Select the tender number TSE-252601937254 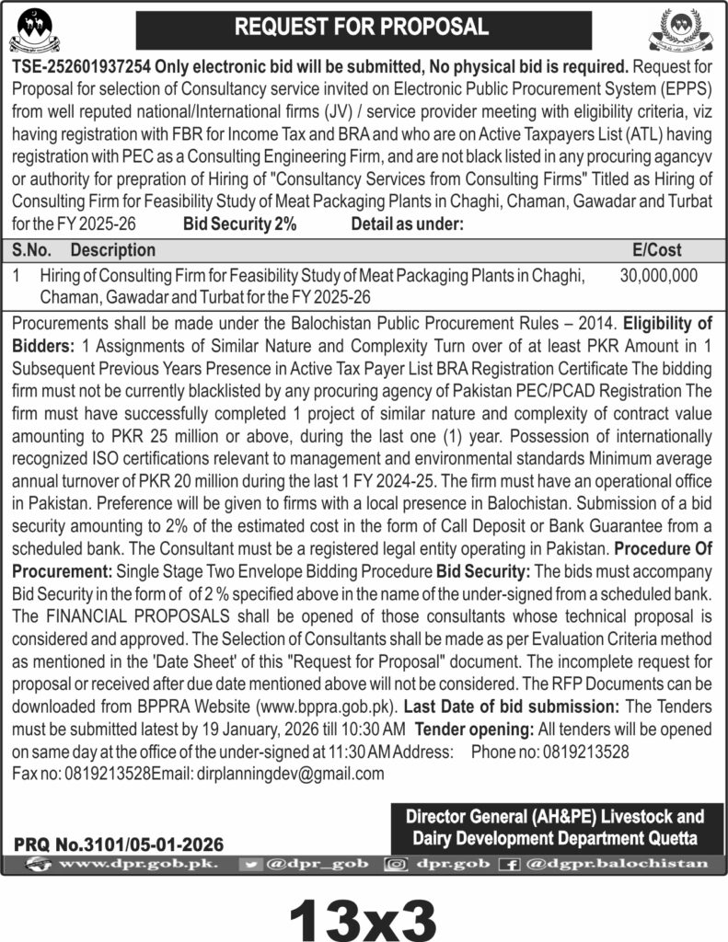81,65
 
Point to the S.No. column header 32,249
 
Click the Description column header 112,249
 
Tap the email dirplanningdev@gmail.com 290,774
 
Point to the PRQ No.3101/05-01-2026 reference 119,843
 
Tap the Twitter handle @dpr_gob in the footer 312,864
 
